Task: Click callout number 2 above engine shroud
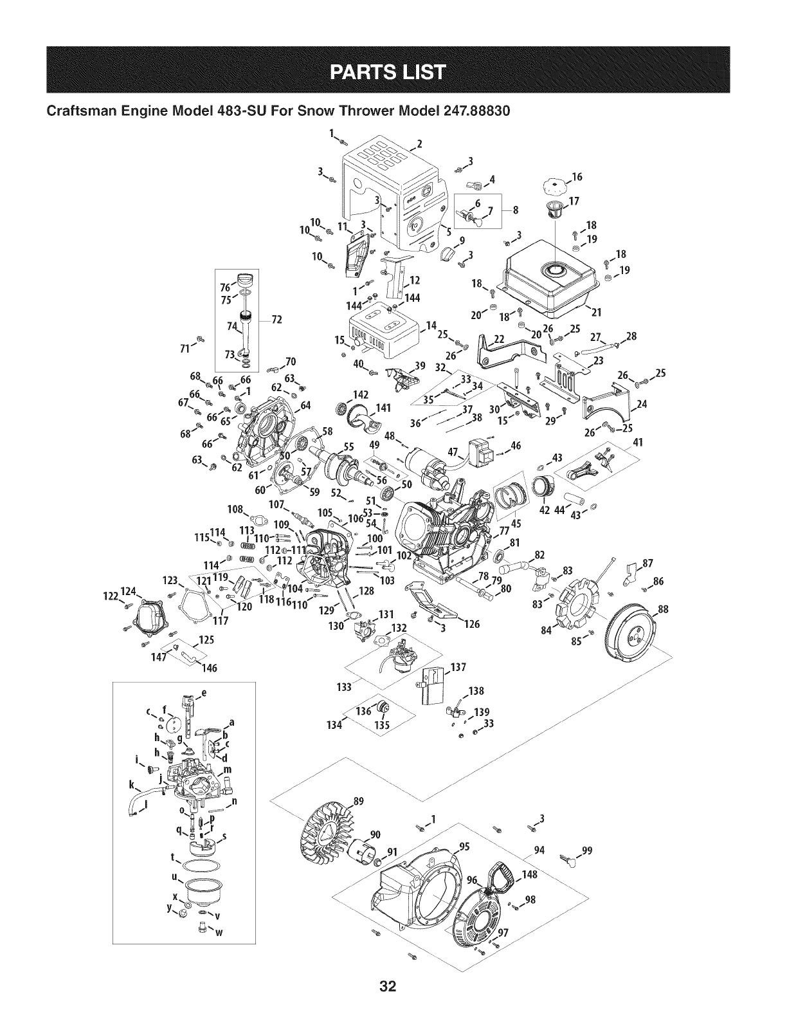pyautogui.click(x=420, y=143)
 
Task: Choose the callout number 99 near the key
pyautogui.click(x=586, y=849)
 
